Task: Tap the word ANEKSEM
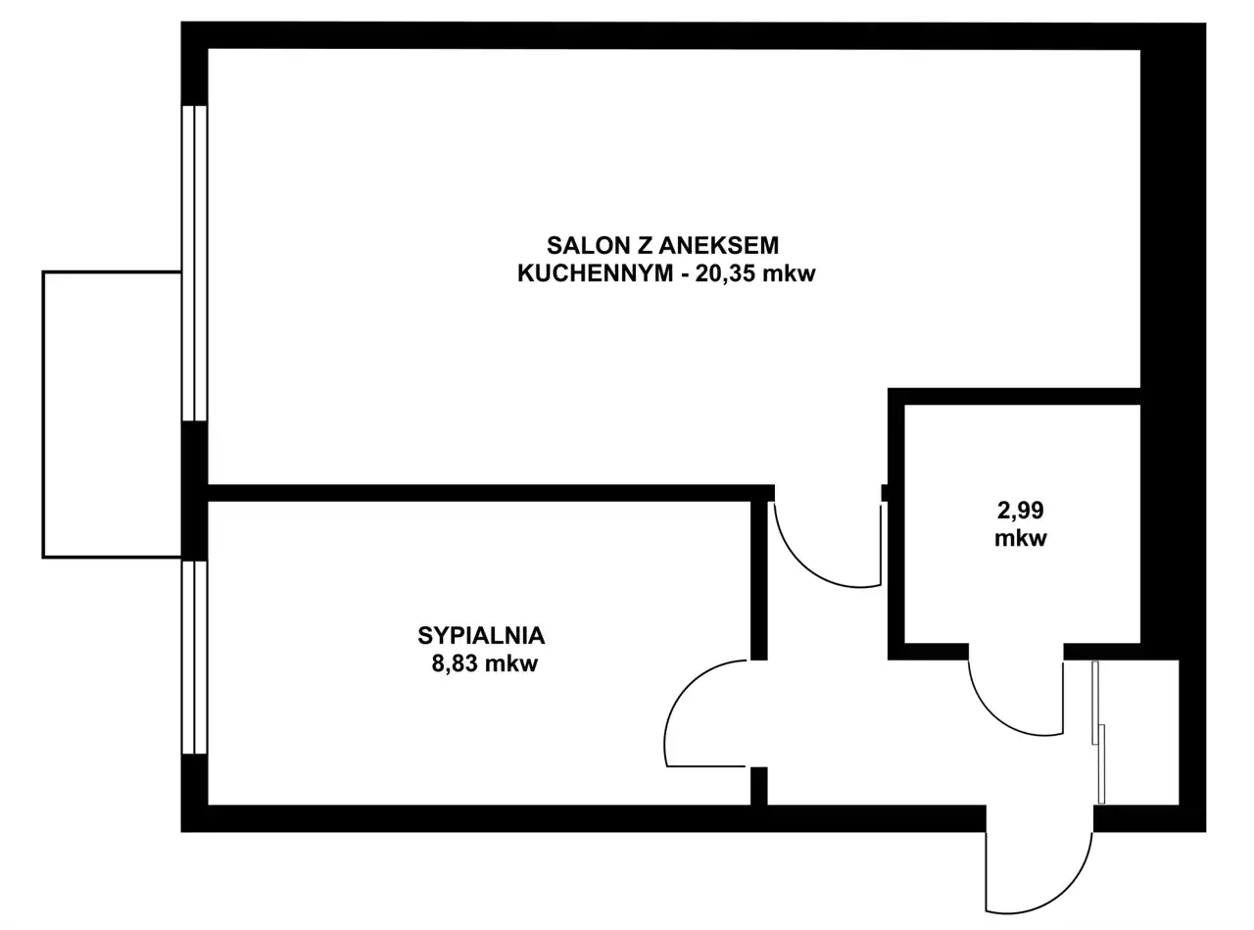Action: pos(718,246)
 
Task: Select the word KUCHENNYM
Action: pos(596,273)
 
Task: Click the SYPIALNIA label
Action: pos(481,636)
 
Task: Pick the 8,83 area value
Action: pos(456,664)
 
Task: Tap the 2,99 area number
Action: pos(1020,511)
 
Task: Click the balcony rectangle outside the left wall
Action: pos(112,415)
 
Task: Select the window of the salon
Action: pos(195,263)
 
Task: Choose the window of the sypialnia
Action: pos(195,657)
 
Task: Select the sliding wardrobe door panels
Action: pos(1098,732)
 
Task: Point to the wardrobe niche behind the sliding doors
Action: pos(1142,732)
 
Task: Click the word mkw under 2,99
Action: pos(1021,538)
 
